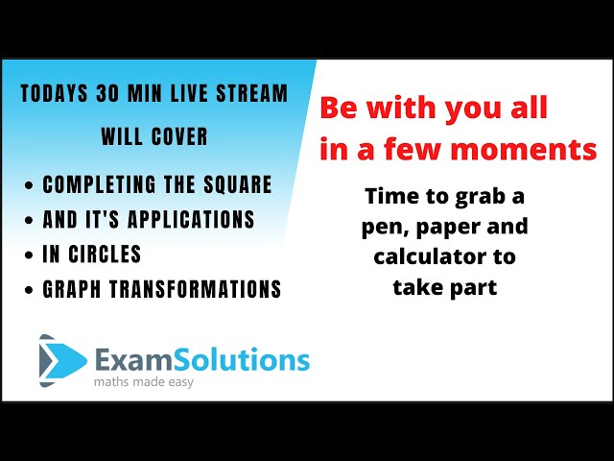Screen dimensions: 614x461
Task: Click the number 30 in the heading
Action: click(x=106, y=93)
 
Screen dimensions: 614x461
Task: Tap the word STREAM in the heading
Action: click(x=251, y=93)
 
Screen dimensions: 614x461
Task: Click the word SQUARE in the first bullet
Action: click(x=237, y=184)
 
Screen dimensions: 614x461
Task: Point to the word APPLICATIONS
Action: click(x=191, y=219)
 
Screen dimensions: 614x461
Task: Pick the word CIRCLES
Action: click(x=105, y=254)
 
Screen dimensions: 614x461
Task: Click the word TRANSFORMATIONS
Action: click(x=195, y=289)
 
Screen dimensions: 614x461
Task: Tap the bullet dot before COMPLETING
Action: click(x=29, y=185)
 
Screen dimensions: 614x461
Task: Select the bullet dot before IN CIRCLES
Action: click(x=29, y=255)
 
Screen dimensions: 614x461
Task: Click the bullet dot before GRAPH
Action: click(x=29, y=290)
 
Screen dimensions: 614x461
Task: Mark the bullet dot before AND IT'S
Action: click(x=29, y=220)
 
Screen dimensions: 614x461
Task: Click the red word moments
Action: click(x=524, y=150)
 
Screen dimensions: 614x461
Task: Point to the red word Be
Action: click(x=339, y=108)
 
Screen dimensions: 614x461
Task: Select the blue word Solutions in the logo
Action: click(x=241, y=360)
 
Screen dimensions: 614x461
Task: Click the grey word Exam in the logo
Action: click(x=134, y=361)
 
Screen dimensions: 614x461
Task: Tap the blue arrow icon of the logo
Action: click(x=62, y=361)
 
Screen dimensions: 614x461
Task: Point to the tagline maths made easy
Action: click(x=144, y=382)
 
